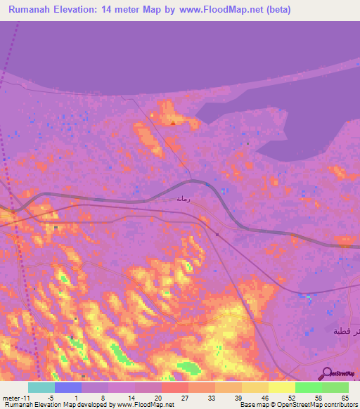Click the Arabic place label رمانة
point(183,199)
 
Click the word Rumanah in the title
point(35,10)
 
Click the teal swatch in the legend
point(41,387)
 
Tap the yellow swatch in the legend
point(281,387)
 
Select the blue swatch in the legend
point(67,387)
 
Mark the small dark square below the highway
point(217,235)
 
